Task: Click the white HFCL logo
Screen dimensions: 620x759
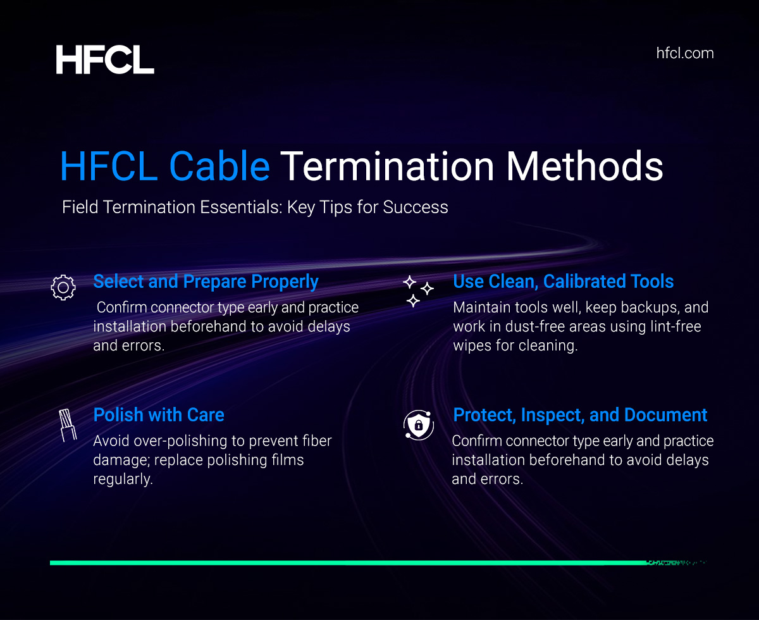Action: tap(105, 59)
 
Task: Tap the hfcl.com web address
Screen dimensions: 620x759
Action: tap(685, 53)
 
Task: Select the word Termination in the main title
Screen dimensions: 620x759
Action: tap(387, 166)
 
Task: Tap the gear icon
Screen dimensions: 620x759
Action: tap(63, 287)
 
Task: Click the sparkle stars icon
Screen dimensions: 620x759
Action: tap(418, 291)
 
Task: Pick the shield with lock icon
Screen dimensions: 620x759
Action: tap(418, 425)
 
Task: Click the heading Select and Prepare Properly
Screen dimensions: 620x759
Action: tap(206, 282)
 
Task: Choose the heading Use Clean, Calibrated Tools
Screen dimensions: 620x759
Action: tap(564, 282)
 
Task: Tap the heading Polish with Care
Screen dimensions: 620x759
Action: tap(159, 415)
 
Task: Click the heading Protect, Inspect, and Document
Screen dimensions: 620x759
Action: tap(580, 415)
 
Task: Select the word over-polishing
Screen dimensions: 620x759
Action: tap(173, 441)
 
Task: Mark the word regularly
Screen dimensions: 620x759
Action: tap(123, 479)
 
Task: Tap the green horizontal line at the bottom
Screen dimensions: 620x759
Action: tap(348, 562)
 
